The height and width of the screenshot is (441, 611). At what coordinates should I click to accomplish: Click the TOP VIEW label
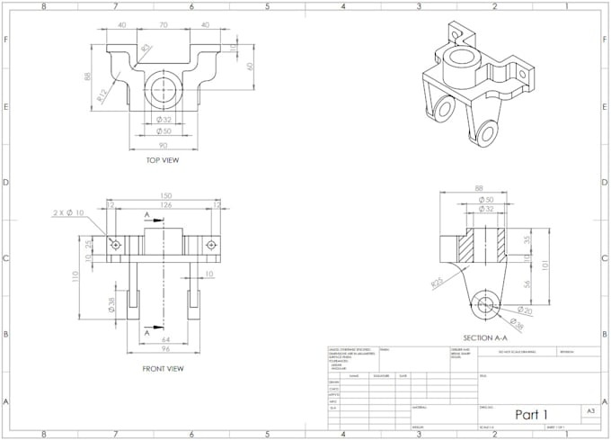coord(163,161)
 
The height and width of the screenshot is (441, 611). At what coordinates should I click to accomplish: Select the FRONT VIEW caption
coord(163,368)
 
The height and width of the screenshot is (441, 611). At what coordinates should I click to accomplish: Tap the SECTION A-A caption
coord(484,337)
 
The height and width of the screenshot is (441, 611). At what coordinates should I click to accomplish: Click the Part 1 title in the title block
coord(531,414)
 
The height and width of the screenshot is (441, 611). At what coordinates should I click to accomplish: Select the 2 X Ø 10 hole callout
coord(67,212)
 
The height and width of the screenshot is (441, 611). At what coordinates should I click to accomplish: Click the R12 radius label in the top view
coord(104,94)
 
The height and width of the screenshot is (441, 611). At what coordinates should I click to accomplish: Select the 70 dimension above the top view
coord(164,25)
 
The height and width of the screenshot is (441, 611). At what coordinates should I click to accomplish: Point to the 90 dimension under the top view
coord(163,145)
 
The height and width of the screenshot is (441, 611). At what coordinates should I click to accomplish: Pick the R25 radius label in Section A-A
coord(437,283)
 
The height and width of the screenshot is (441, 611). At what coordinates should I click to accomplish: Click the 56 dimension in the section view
coord(527,283)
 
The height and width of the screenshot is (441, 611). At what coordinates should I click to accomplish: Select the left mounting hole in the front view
coord(116,244)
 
